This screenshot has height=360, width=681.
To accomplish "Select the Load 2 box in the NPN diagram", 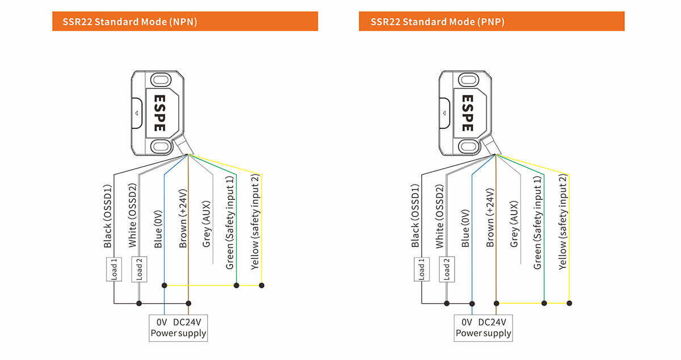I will click(x=139, y=269).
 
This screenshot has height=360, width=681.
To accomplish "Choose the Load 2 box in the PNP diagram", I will click(x=447, y=269).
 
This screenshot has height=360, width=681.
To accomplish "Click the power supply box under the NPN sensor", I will click(x=178, y=328).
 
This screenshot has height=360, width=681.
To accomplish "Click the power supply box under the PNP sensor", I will click(x=484, y=328).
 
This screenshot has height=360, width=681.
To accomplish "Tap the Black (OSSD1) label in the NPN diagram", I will click(x=108, y=216).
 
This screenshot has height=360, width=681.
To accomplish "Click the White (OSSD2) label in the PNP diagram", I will click(x=440, y=216).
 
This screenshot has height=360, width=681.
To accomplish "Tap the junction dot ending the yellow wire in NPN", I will click(x=262, y=285).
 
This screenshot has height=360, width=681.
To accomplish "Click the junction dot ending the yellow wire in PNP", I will click(x=569, y=303).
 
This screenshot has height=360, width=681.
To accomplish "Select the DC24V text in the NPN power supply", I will click(x=191, y=322).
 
